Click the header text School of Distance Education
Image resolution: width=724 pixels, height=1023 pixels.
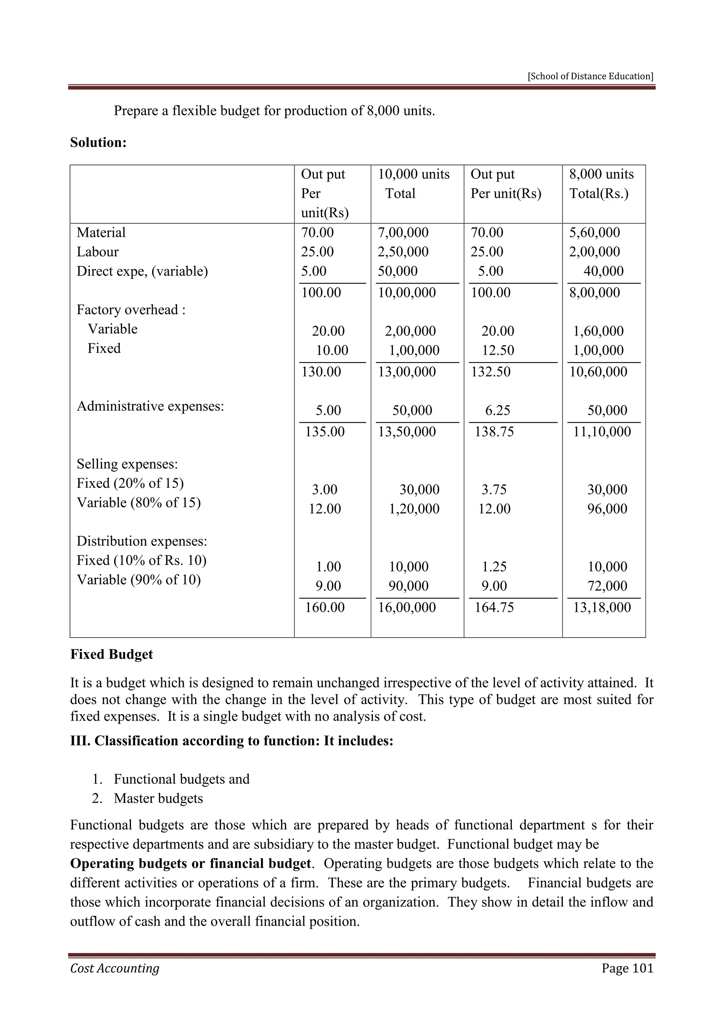tap(590, 76)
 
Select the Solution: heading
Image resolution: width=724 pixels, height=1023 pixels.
tap(99, 143)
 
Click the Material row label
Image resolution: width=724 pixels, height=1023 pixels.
tap(101, 232)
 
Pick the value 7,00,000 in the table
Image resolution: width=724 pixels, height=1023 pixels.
tap(403, 232)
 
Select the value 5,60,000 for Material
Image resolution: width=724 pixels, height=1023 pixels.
tap(595, 232)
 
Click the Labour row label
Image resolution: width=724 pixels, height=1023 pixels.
tap(98, 252)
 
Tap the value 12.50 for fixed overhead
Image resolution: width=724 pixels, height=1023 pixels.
tap(498, 350)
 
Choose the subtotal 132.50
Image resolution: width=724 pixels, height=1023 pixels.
tap(491, 372)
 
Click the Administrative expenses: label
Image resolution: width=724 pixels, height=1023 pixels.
tap(150, 406)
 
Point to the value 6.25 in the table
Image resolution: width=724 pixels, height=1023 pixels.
tap(497, 410)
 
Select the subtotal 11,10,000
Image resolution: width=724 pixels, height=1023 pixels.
tap(602, 432)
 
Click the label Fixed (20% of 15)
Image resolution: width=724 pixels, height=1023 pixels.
tap(130, 484)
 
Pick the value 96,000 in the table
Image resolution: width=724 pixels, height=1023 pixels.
tap(607, 509)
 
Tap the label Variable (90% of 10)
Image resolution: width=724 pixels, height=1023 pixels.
tap(139, 580)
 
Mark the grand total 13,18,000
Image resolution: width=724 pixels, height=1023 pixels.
tap(602, 608)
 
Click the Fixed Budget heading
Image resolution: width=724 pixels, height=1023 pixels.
tap(111, 655)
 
